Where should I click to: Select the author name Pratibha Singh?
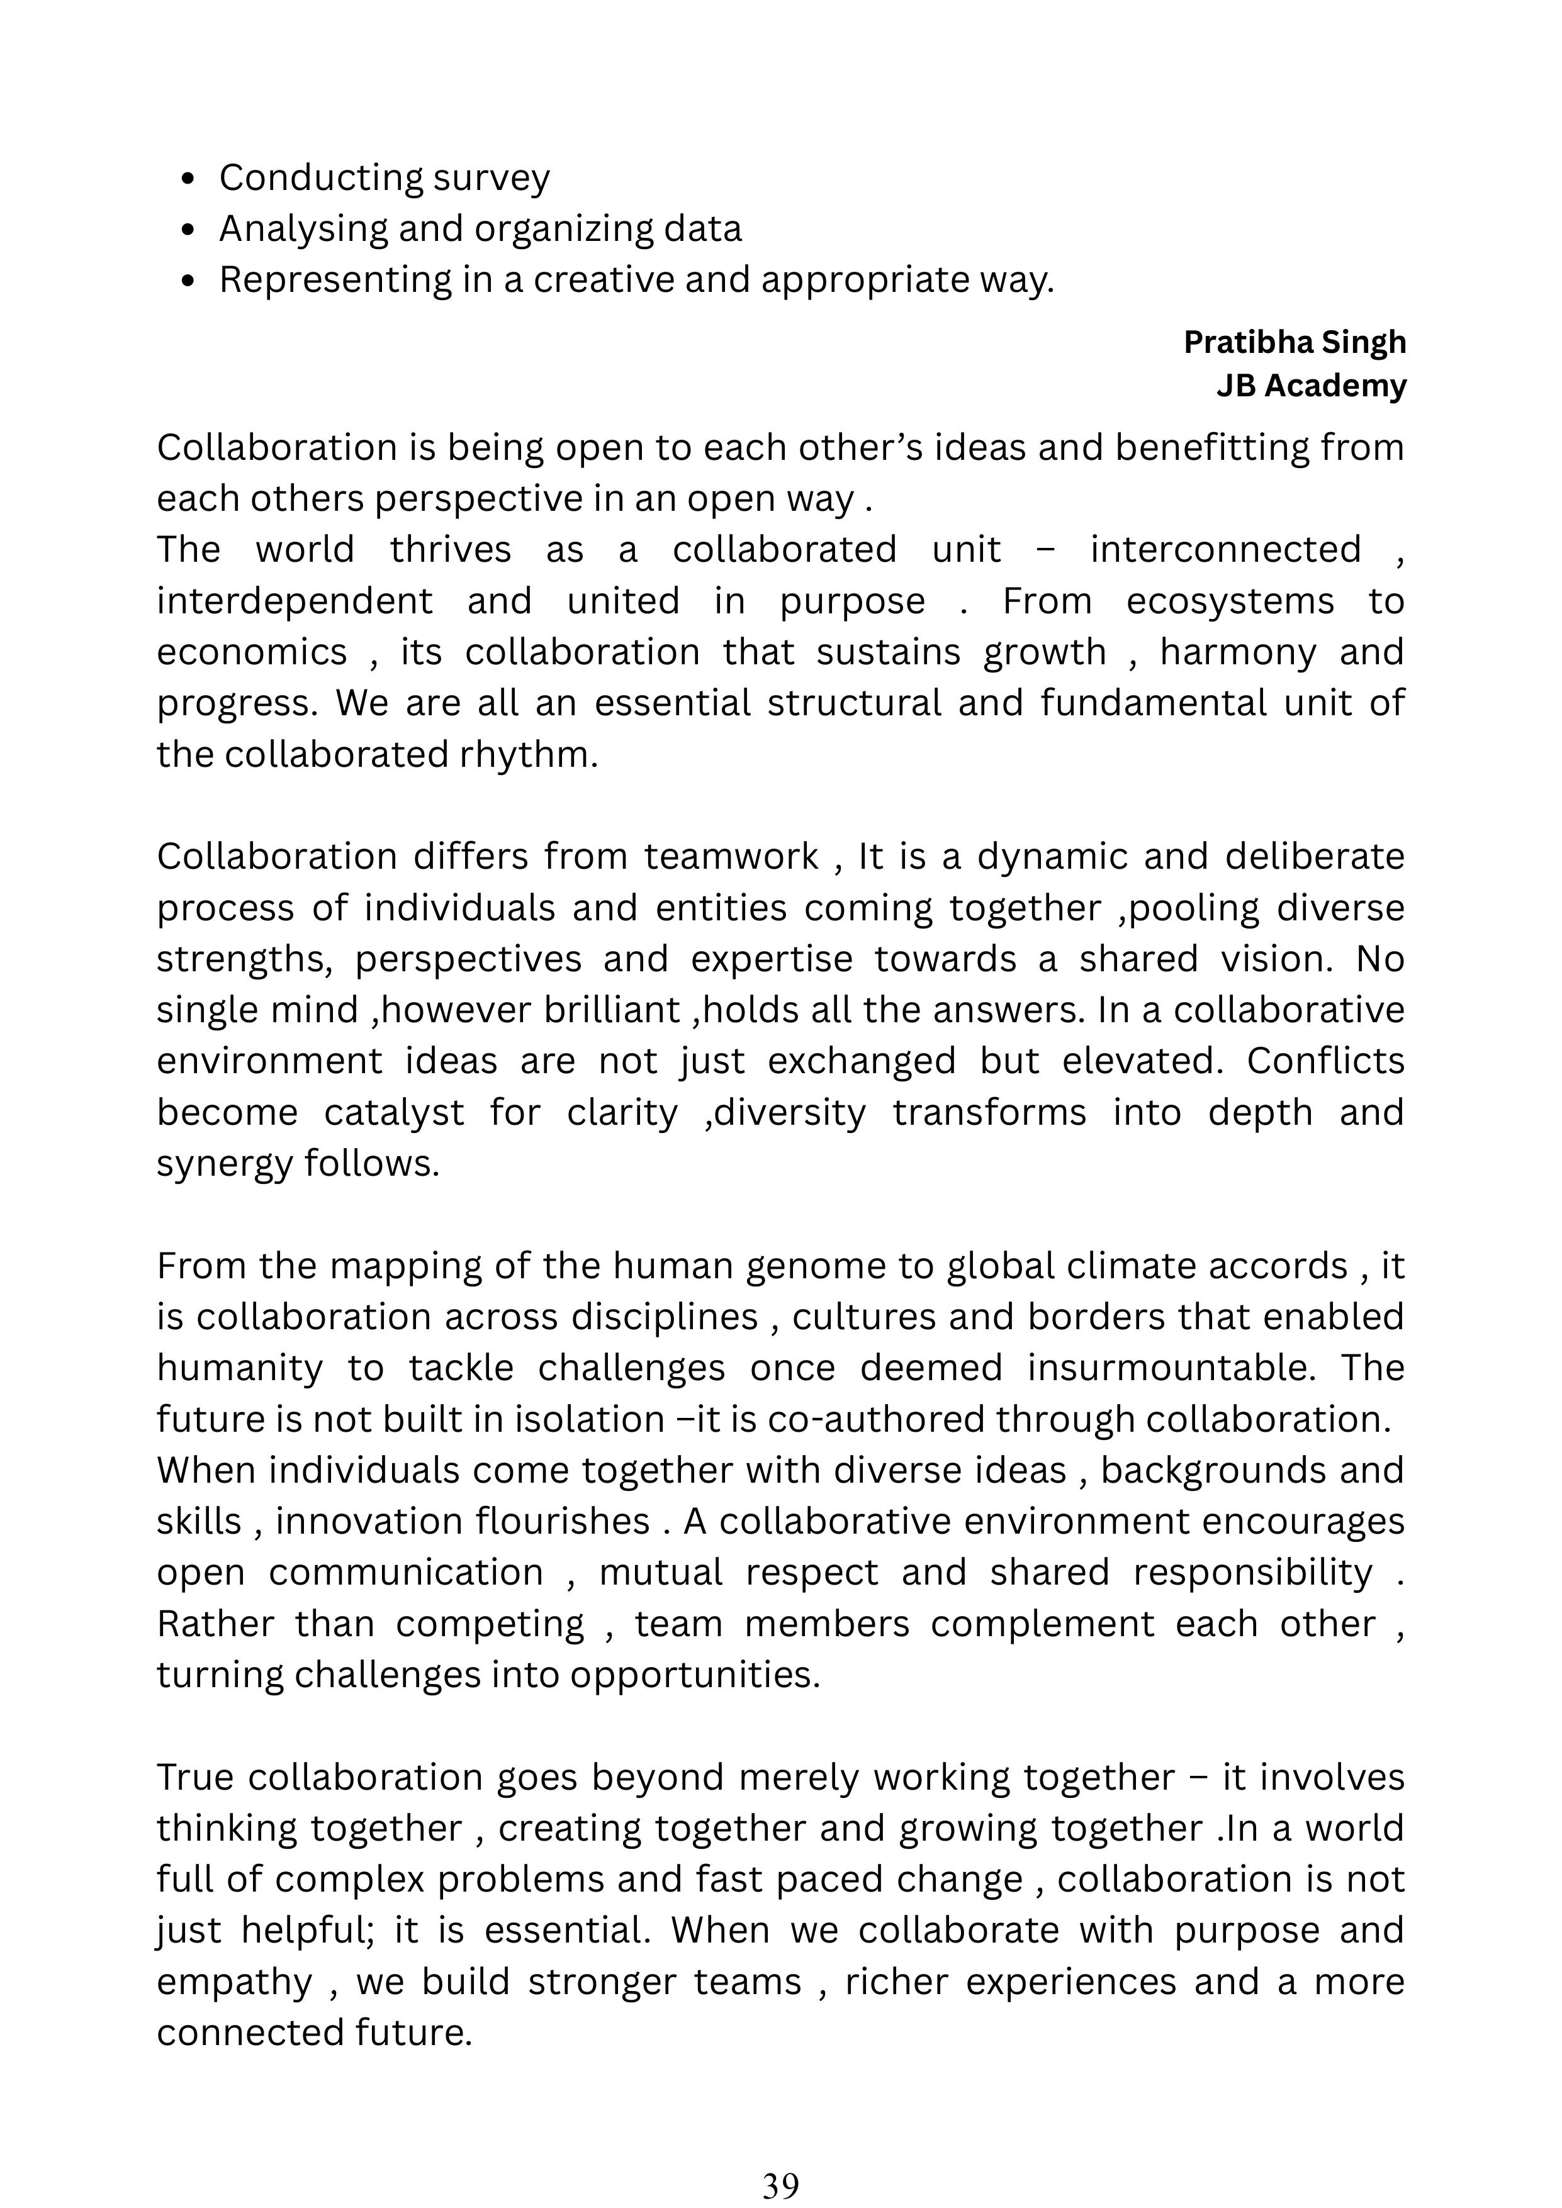(x=1294, y=342)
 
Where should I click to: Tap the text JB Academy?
(x=1310, y=386)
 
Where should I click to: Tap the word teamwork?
(x=731, y=857)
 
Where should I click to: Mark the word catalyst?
(x=395, y=1113)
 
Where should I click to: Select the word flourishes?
(x=563, y=1521)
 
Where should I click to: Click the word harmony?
(x=1238, y=653)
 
